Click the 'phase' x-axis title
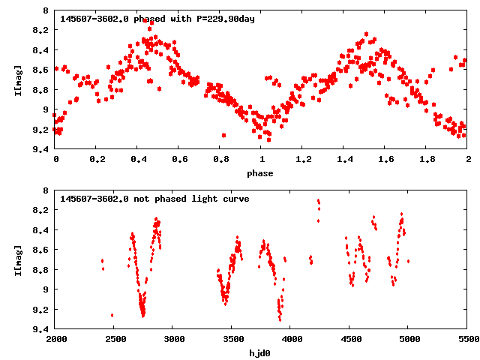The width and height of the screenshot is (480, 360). [261, 173]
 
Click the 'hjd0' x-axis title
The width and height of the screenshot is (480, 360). [261, 353]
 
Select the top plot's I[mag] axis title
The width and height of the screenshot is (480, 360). [18, 79]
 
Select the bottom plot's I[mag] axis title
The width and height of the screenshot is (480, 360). [18, 259]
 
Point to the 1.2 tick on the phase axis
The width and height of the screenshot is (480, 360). [303, 160]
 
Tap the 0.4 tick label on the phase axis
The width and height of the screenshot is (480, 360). [138, 160]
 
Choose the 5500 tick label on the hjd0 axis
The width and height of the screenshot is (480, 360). [468, 340]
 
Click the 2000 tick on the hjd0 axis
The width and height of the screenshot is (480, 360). [55, 340]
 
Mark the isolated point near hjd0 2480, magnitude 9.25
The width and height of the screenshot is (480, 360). [112, 315]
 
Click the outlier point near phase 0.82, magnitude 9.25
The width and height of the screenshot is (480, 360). [223, 135]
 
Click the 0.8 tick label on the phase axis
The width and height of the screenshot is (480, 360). [220, 160]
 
